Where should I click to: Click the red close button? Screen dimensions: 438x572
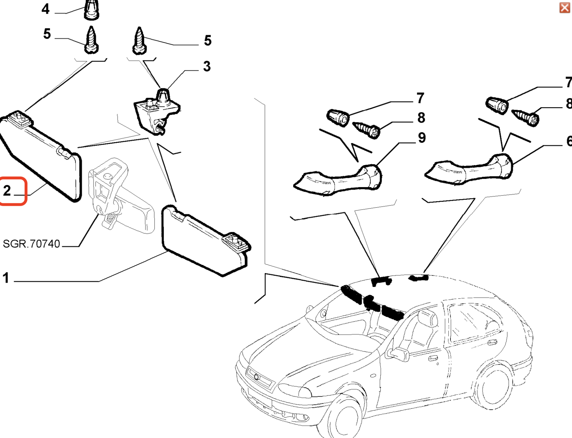point(565,8)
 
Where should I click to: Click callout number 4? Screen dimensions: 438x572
point(45,9)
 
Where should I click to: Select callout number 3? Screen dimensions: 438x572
point(207,66)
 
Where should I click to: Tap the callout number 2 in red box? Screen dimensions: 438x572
point(7,191)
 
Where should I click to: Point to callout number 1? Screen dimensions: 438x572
point(6,278)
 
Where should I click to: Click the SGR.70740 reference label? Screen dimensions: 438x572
point(31,244)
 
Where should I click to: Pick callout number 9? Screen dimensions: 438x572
point(422,138)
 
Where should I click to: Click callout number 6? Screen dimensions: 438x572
point(568,141)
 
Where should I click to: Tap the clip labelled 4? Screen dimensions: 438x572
point(91,10)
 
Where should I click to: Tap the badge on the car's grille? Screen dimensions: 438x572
point(257,377)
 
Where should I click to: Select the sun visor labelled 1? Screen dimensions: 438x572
point(206,241)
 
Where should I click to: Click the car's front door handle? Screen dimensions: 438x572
point(433,358)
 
